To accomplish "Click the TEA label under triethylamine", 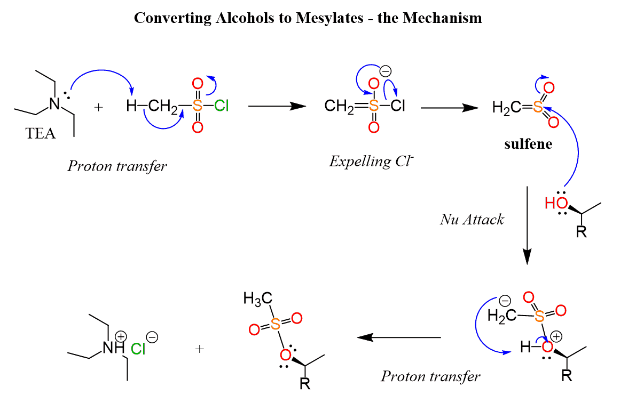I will (41, 133).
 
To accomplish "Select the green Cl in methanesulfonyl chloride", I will (222, 106).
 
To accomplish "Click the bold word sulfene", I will (528, 144).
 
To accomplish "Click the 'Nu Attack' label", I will (472, 219).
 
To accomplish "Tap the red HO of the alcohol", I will (554, 204).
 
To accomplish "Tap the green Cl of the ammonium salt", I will (138, 349).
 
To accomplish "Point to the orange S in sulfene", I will (538, 108).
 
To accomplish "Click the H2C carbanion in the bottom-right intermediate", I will (501, 317).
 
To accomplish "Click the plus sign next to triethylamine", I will (98, 107).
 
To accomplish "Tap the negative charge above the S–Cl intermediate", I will (384, 71).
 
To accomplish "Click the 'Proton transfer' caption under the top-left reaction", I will (117, 166).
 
